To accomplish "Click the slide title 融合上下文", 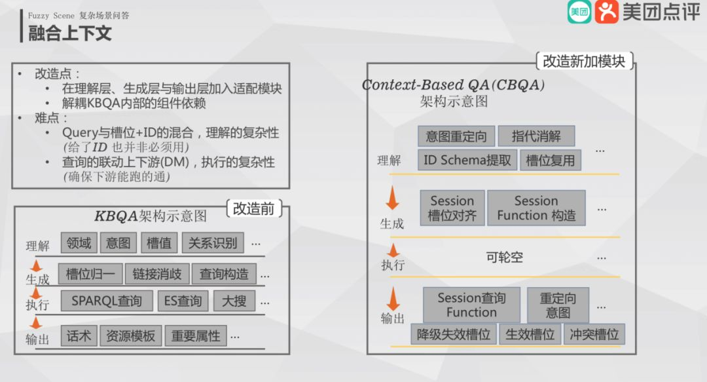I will coord(70,33).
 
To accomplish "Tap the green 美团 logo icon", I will coord(579,12).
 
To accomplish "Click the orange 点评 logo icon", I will coord(607,12).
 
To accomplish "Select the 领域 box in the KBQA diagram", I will coord(79,243).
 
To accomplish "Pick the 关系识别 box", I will coord(213,243).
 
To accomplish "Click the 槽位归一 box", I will coord(90,274).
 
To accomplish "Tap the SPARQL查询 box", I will coord(107,301).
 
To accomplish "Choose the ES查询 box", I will coord(183,301).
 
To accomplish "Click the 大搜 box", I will coord(234,301).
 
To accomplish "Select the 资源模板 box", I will coord(131,336).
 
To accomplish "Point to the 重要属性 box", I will coord(196,336).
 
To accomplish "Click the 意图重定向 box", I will coord(456,136).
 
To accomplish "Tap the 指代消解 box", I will coord(536,136).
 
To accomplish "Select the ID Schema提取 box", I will coord(467,161).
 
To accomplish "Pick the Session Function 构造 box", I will coord(536,208).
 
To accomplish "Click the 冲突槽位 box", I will coord(594,334).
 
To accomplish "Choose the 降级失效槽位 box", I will coord(454,334).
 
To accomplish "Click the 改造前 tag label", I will coord(254,208).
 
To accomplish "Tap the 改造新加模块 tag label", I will coord(585,62).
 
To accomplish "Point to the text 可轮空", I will coord(504,258).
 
